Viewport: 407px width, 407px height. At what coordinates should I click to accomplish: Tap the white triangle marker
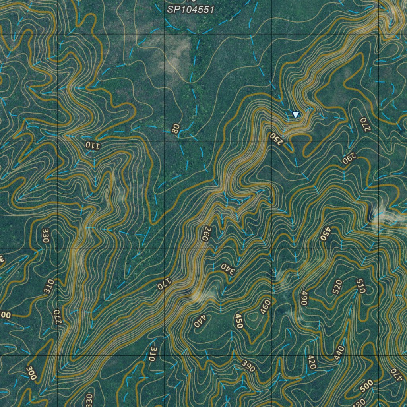(295, 115)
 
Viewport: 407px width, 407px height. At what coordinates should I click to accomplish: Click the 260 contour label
(205, 234)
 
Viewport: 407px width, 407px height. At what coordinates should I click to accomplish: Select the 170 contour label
(163, 283)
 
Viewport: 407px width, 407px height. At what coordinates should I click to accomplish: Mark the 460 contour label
(265, 307)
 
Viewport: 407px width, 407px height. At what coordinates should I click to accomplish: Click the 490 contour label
(304, 298)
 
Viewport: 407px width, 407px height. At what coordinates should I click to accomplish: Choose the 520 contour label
(337, 286)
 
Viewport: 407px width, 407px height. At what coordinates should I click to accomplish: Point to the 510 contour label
(360, 286)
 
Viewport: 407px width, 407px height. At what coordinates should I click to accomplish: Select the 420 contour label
(312, 362)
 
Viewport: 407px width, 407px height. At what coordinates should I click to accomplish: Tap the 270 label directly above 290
(364, 124)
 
